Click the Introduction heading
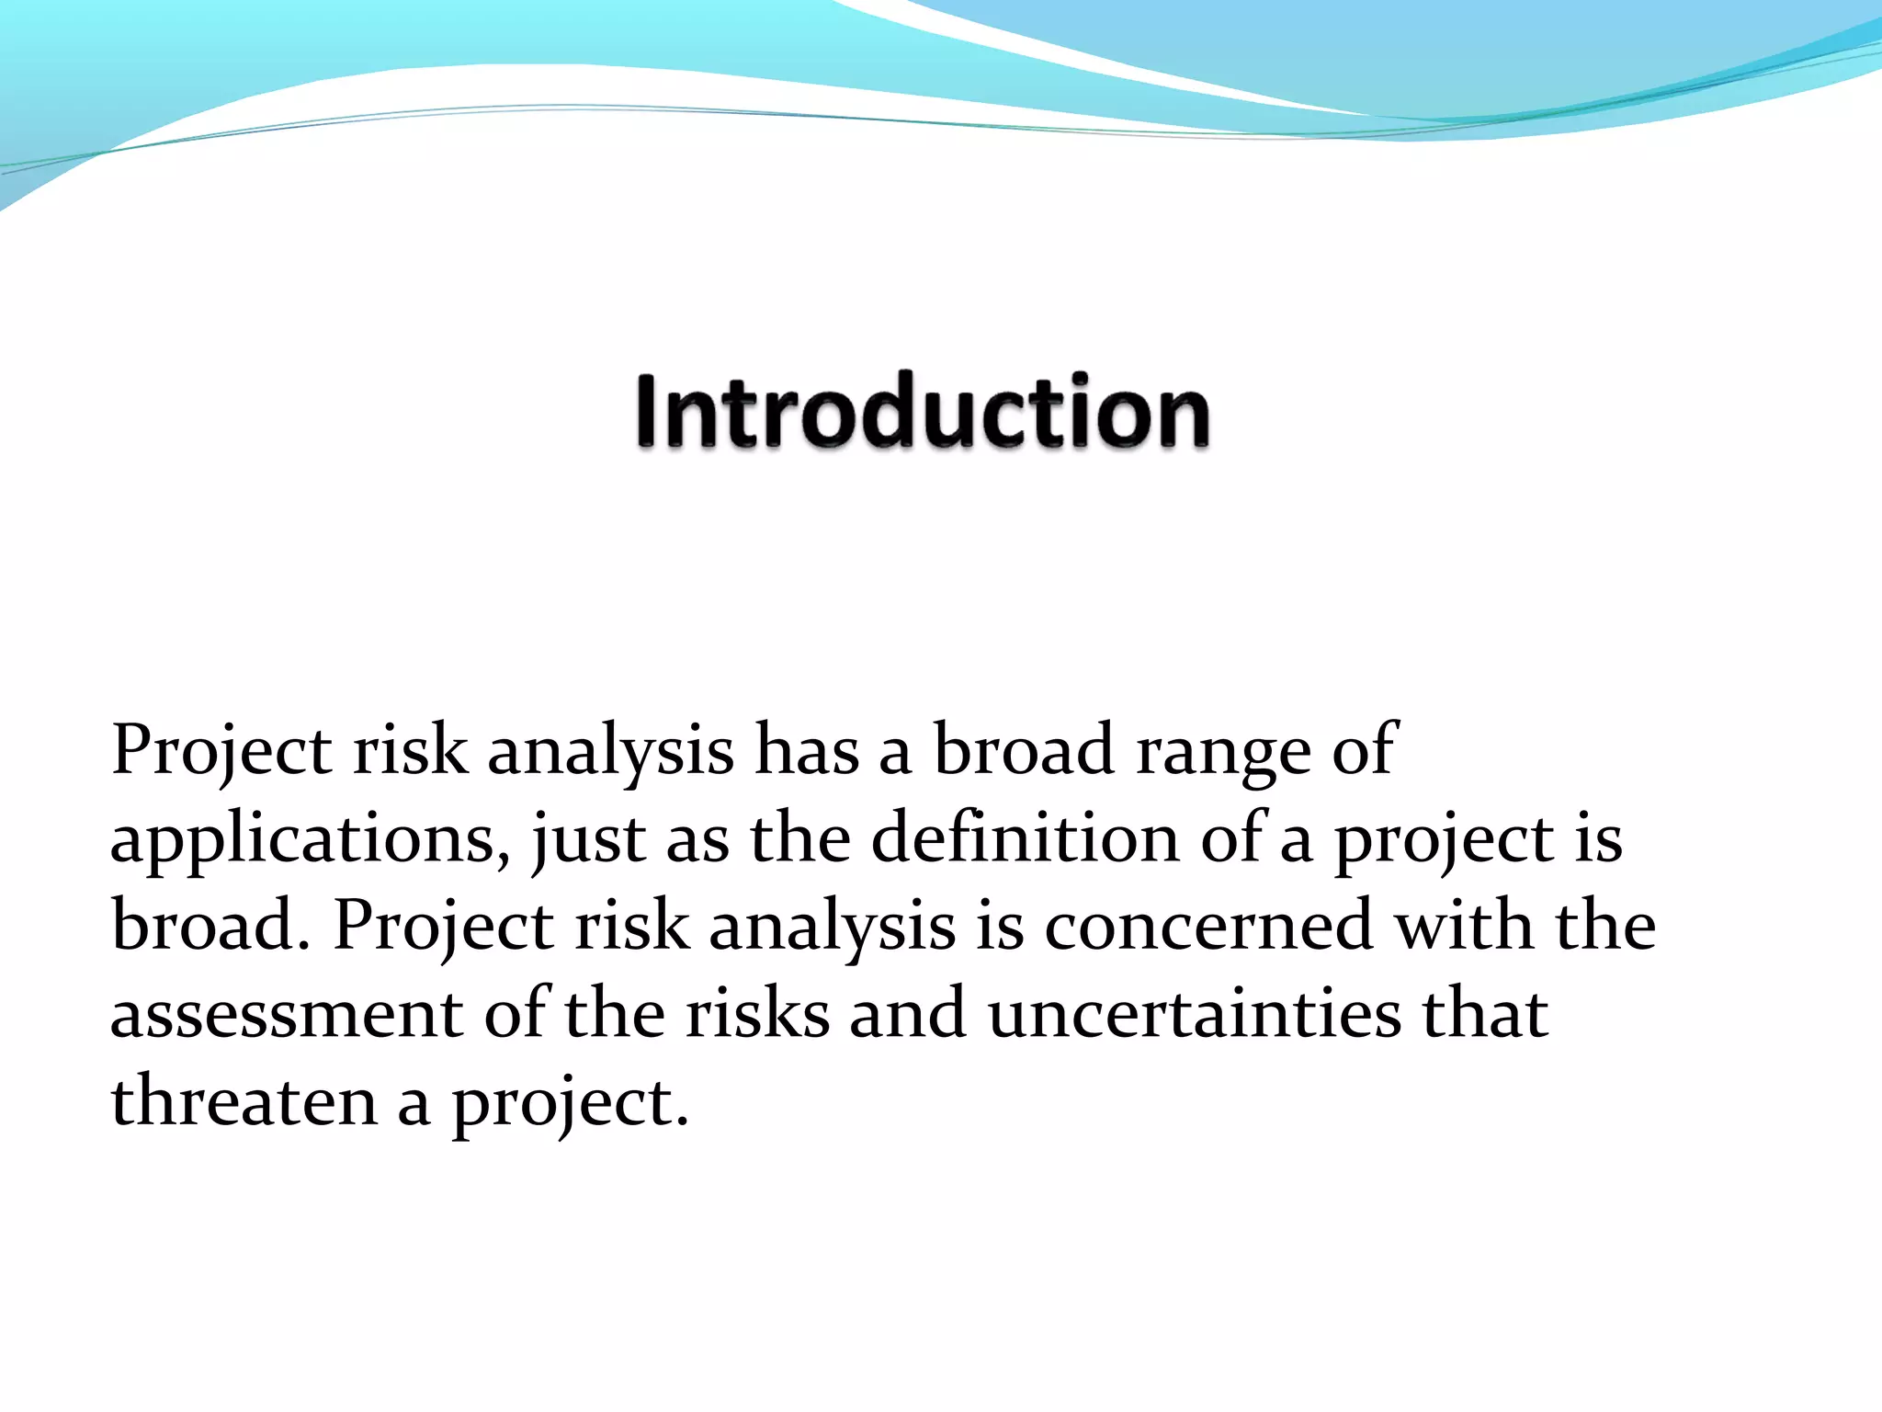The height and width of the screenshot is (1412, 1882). pos(923,411)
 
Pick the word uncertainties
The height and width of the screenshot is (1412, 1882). pos(1195,1014)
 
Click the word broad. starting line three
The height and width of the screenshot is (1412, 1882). pos(210,926)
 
